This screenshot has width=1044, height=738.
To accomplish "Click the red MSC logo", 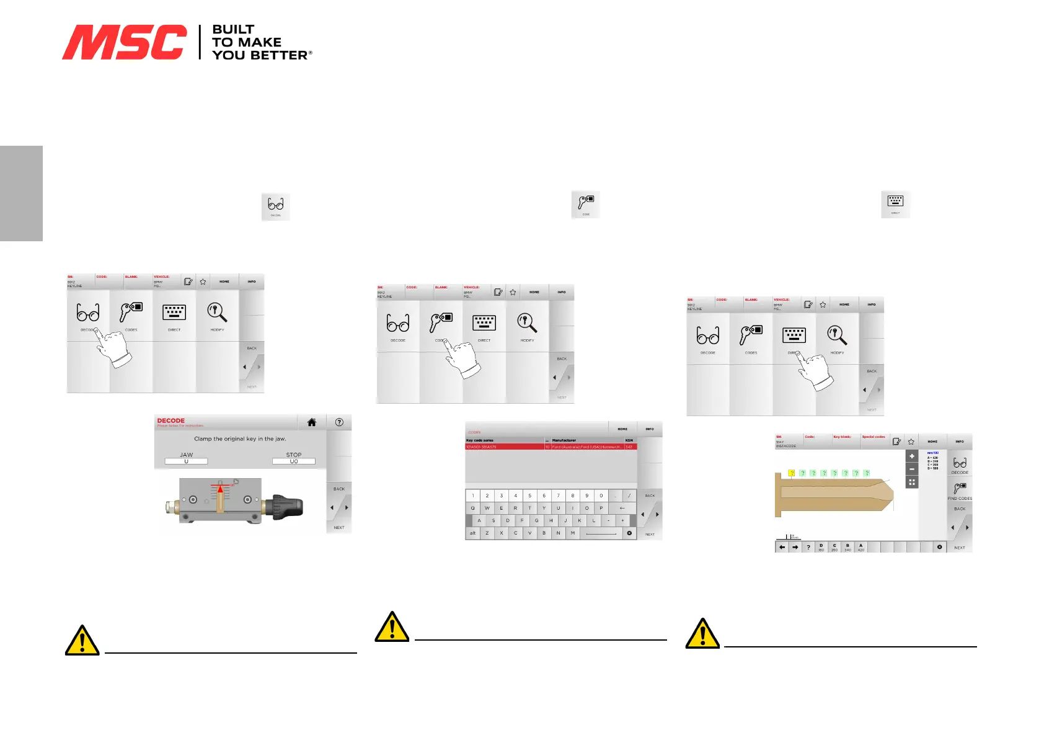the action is tap(124, 42).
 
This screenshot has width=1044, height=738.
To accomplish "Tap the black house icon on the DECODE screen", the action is tap(312, 422).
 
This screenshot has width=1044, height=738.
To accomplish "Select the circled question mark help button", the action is tap(339, 422).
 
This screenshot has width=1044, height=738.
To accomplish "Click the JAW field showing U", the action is tap(186, 461).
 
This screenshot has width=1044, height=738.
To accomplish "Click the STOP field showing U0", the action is tap(294, 461).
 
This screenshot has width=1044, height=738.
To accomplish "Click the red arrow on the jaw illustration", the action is tap(220, 489).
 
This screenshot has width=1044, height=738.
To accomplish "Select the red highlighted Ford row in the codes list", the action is tap(551, 447).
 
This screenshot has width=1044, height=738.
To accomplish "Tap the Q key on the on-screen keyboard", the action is tap(472, 508).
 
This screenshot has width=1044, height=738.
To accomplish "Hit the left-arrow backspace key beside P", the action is tap(622, 508).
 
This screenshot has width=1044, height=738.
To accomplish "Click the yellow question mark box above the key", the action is tap(792, 473).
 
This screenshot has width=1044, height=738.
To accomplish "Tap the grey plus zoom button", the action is tap(911, 456).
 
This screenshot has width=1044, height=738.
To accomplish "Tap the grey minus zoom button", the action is tap(911, 469).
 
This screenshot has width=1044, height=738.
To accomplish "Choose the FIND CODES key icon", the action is tap(959, 489).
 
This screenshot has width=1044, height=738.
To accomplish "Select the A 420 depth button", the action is tap(860, 547).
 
